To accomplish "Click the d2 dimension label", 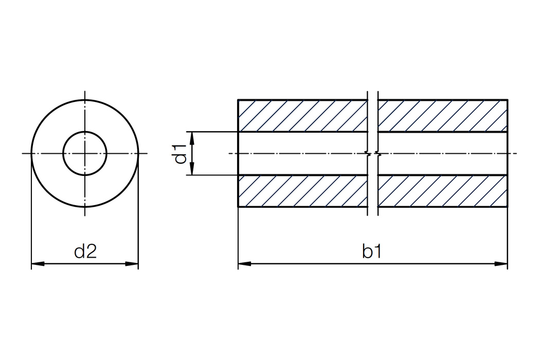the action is pyautogui.click(x=85, y=251).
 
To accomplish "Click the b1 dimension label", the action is pyautogui.click(x=372, y=251).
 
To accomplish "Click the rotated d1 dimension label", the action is pyautogui.click(x=181, y=154).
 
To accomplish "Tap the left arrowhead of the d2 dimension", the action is pyautogui.click(x=38, y=264).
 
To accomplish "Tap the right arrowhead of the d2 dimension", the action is pyautogui.click(x=132, y=264).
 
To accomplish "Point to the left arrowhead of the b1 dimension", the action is pyautogui.click(x=244, y=264).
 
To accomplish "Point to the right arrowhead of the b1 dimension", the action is pyautogui.click(x=501, y=264).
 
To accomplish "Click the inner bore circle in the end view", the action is pyautogui.click(x=85, y=132).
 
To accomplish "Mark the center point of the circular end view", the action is pyautogui.click(x=85, y=153).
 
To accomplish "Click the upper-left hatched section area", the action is pyautogui.click(x=303, y=116).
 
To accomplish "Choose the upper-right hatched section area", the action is pyautogui.click(x=443, y=116).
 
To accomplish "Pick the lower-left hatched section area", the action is pyautogui.click(x=303, y=191).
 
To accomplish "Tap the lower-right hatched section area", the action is pyautogui.click(x=443, y=191).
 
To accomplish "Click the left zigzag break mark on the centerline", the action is pyautogui.click(x=369, y=153).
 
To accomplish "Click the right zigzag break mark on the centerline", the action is pyautogui.click(x=379, y=153).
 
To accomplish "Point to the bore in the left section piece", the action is pyautogui.click(x=303, y=154).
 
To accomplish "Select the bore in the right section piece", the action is pyautogui.click(x=443, y=154).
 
